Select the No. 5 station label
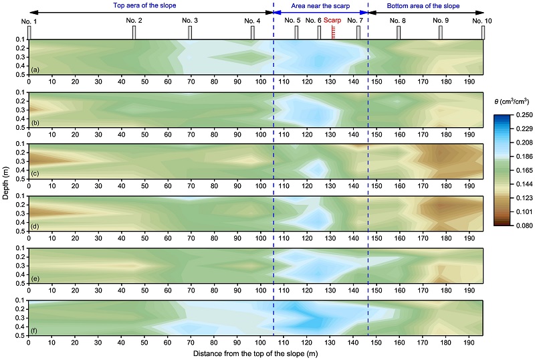tap(292, 21)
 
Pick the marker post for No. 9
tap(440, 33)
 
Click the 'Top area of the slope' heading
tap(150, 5)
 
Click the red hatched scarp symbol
tap(332, 31)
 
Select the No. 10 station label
tap(482, 21)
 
